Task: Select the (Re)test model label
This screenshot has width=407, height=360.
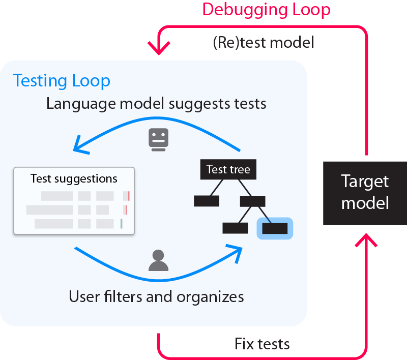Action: click(x=264, y=43)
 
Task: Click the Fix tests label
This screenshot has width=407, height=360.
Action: click(x=262, y=344)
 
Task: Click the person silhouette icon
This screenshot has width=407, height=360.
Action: click(x=158, y=260)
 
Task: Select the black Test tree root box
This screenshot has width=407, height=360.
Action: click(x=228, y=169)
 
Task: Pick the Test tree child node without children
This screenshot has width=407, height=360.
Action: click(x=207, y=201)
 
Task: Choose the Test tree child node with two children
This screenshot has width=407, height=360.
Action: click(x=252, y=201)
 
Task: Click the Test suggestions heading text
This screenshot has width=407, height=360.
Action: click(x=74, y=178)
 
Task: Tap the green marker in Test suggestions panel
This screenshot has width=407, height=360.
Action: click(x=122, y=224)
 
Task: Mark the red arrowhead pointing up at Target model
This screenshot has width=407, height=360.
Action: click(x=366, y=238)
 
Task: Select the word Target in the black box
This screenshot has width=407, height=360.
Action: click(x=365, y=182)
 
